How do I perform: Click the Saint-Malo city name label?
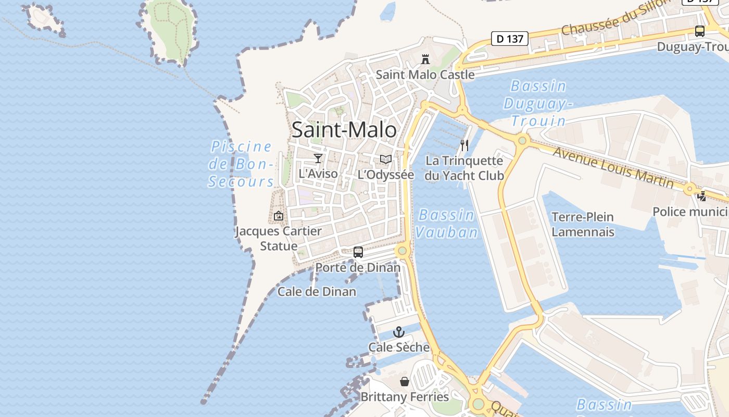pos(344,130)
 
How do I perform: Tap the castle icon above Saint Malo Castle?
pos(425,59)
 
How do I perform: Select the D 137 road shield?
pos(510,38)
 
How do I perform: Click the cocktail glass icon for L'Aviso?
pos(318,158)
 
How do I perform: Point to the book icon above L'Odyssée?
pos(385,160)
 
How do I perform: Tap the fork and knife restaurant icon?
pos(464,145)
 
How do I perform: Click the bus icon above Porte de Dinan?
pos(358,252)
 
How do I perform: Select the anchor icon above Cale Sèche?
pos(398,332)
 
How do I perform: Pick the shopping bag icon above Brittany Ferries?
pos(405,382)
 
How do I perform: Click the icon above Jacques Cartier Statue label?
pos(279,216)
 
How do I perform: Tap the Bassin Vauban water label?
pos(447,223)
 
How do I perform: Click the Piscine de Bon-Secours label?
pos(241,164)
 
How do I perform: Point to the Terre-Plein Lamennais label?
pos(583,224)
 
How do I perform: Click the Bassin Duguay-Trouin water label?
pos(538,103)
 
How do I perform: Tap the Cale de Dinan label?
pos(317,291)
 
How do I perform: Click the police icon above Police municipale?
pos(702,197)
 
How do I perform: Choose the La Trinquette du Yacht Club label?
pos(464,168)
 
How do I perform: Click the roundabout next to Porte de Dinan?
pos(402,251)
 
